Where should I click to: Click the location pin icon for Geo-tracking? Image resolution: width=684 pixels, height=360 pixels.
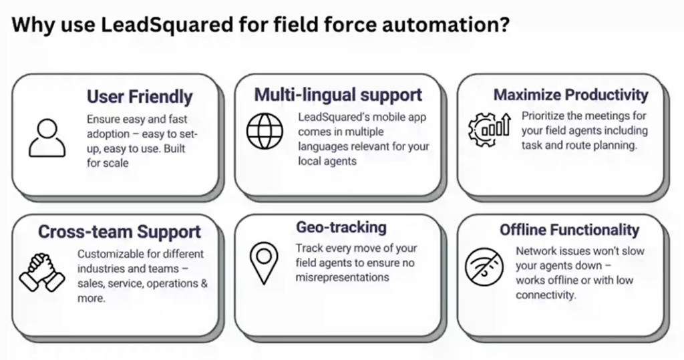click(x=265, y=262)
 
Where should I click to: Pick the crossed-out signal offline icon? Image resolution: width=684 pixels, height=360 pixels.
click(x=483, y=268)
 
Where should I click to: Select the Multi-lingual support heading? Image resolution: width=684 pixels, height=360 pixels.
click(x=338, y=94)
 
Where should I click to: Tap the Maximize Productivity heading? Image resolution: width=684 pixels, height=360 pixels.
click(x=570, y=95)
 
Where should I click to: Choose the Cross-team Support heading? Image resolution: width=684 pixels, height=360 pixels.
click(x=120, y=232)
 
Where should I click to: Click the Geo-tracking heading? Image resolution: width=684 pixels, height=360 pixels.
click(x=341, y=227)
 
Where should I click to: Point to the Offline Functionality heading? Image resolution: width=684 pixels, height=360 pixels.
click(x=569, y=230)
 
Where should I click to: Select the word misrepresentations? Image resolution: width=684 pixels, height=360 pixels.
click(x=342, y=277)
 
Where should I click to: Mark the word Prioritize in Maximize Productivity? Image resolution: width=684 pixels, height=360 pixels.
click(x=544, y=115)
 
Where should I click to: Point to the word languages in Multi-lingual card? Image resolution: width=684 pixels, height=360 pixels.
click(x=322, y=146)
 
